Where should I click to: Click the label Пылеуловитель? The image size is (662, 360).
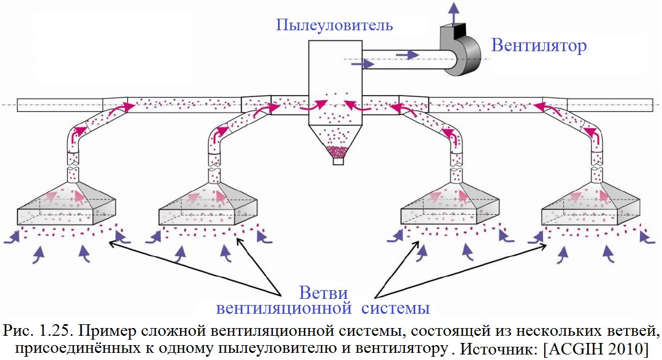[x=334, y=25]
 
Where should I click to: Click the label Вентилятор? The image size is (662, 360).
[x=539, y=45]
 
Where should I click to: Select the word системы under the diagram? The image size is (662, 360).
[x=395, y=308]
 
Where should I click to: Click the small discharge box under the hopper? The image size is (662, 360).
[x=338, y=162]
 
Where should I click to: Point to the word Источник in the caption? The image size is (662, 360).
[x=499, y=349]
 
